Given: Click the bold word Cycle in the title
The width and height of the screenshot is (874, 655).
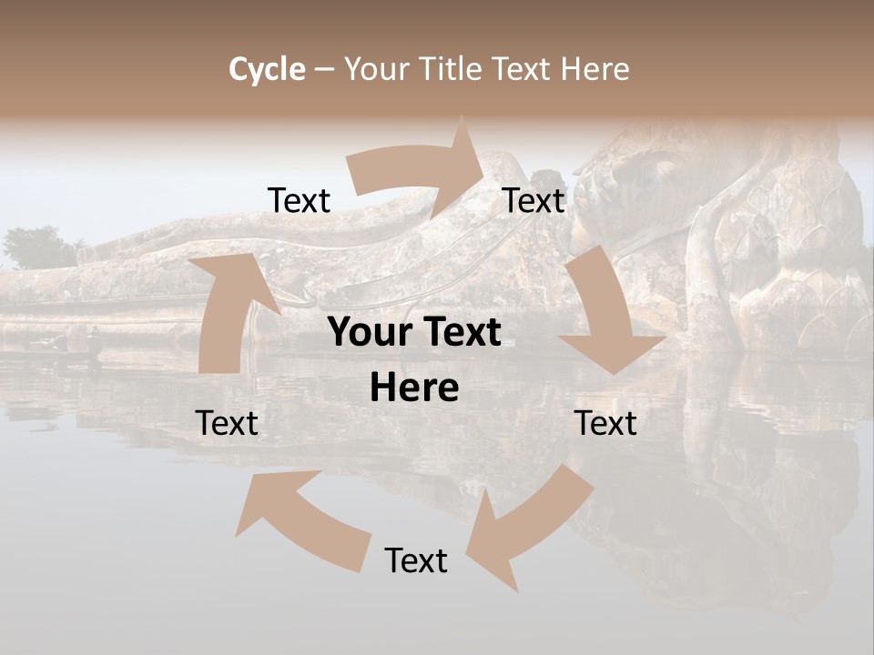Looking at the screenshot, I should [x=267, y=69].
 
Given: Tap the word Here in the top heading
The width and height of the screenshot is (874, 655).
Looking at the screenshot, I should [x=595, y=69].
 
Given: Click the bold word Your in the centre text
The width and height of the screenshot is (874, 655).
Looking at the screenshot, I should [x=368, y=333].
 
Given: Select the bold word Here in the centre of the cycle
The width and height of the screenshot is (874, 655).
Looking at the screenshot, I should [x=414, y=388].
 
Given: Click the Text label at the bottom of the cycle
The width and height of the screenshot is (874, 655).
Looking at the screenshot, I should [x=416, y=560].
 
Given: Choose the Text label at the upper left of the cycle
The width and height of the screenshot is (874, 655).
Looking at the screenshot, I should [x=299, y=200].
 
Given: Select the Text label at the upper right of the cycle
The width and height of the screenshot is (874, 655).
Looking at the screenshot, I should [x=534, y=200].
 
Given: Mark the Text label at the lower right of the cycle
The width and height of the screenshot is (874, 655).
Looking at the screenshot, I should [x=605, y=423].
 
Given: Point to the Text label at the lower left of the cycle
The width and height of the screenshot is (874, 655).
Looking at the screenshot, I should [x=227, y=423].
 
